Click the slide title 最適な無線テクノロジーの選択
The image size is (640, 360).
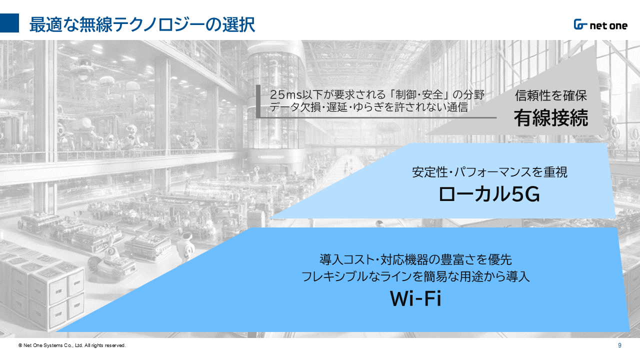point(142,24)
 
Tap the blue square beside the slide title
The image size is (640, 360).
point(9,23)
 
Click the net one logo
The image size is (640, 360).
point(600,25)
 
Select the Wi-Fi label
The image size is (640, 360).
point(415,299)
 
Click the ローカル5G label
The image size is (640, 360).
point(489,194)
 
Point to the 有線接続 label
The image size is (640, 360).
point(551,117)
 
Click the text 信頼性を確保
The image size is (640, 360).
point(551,95)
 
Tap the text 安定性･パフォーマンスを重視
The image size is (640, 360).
point(489,172)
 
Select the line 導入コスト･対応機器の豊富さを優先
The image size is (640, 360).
point(415,259)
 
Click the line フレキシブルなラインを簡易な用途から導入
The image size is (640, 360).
point(415,276)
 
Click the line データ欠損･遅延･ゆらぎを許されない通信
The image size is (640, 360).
point(368,107)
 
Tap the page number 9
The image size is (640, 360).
point(619,345)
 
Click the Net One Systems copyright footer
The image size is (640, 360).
point(72,345)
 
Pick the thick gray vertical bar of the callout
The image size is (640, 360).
point(258,101)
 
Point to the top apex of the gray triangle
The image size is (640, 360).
point(594,45)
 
